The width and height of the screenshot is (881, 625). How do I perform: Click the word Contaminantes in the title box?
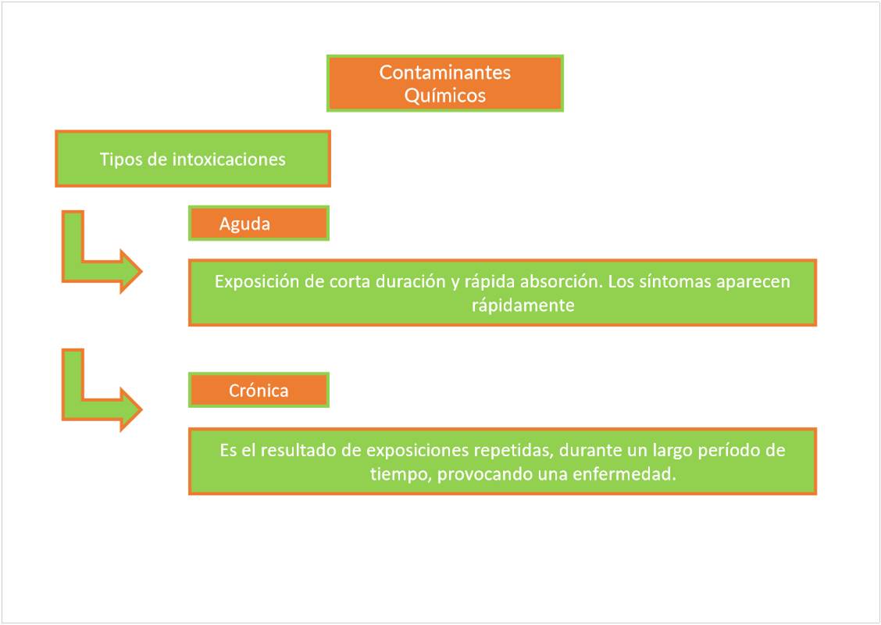pos(444,72)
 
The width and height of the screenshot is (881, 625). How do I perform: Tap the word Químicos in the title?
pos(444,95)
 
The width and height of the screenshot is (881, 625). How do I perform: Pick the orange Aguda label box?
pos(259,223)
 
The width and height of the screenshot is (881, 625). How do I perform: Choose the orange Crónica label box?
pos(259,391)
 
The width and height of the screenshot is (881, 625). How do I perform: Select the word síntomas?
pos(678,281)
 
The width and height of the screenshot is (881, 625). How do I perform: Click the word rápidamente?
pos(523,305)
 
